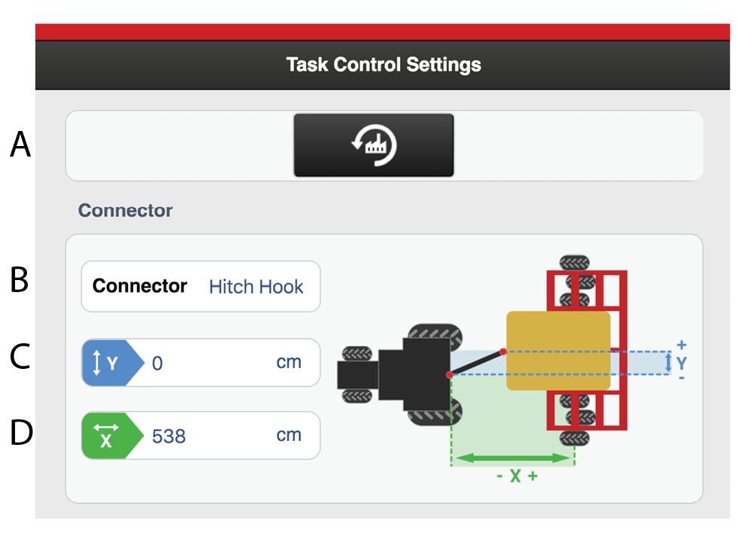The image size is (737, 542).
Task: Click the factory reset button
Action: (374, 145)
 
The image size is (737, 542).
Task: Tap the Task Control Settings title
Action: (384, 64)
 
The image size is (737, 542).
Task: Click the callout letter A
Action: (21, 145)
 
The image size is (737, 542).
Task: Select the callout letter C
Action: (20, 358)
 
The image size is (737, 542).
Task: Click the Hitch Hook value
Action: (256, 287)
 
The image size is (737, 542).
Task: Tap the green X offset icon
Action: (106, 436)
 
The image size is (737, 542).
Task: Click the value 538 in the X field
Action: (168, 436)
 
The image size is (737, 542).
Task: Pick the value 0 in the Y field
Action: (157, 364)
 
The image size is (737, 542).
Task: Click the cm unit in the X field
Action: (289, 435)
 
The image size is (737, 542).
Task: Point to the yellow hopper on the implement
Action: (557, 350)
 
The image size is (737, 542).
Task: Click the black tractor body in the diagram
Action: (418, 374)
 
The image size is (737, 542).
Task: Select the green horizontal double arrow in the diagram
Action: (512, 457)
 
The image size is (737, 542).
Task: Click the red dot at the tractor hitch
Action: (449, 374)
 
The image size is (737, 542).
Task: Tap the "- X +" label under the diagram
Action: (517, 477)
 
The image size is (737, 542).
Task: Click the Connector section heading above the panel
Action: (126, 210)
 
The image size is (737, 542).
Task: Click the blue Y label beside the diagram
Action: (681, 363)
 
